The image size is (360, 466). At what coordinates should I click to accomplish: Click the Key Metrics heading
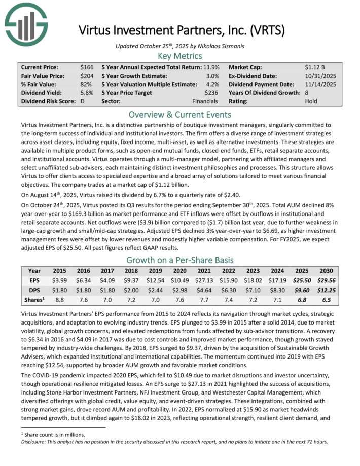click(x=180, y=56)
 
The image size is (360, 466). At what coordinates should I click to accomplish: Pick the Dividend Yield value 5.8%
click(x=86, y=93)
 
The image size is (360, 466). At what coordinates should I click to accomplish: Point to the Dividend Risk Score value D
click(x=83, y=101)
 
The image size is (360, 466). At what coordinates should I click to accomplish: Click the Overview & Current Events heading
click(x=180, y=114)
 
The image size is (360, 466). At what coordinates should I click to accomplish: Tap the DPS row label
click(x=34, y=290)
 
